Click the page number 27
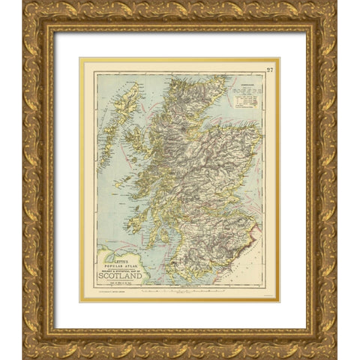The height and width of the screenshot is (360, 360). coord(269,70)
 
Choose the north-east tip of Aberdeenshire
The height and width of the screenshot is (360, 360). coord(259,142)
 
